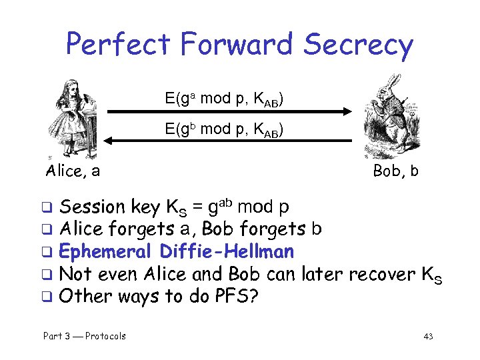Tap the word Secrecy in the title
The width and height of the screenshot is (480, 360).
(x=358, y=45)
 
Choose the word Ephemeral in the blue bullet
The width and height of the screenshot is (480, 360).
(x=106, y=252)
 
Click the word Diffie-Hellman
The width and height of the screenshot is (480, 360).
(x=226, y=251)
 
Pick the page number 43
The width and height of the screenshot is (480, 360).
(x=428, y=337)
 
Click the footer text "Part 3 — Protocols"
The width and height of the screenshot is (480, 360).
(x=85, y=336)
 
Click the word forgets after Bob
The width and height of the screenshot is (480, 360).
(x=271, y=229)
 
